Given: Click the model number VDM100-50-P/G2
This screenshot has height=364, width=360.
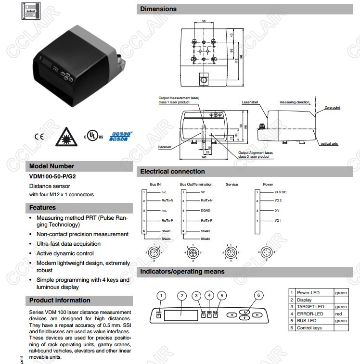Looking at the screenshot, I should [52, 176].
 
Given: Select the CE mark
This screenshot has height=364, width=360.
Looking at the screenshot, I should [39, 136].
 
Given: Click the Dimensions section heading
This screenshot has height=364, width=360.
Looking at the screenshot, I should [158, 9].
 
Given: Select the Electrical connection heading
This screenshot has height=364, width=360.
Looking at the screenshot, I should [172, 171].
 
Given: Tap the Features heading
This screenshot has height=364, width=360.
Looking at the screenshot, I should [42, 208].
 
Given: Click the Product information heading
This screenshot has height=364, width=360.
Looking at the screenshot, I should [60, 300].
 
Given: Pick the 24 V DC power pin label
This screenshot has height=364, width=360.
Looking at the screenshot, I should [280, 192].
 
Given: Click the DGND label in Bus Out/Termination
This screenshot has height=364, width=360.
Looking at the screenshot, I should [206, 211].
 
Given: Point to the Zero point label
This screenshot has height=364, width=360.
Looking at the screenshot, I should [332, 108].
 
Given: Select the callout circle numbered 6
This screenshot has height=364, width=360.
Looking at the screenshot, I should [258, 295].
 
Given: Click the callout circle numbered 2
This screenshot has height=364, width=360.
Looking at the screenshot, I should [181, 295].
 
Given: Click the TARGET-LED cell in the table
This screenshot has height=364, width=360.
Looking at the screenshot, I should [310, 307].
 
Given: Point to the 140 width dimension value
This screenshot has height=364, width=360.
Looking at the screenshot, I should [204, 157].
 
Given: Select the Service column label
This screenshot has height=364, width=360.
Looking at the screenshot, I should [232, 184].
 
